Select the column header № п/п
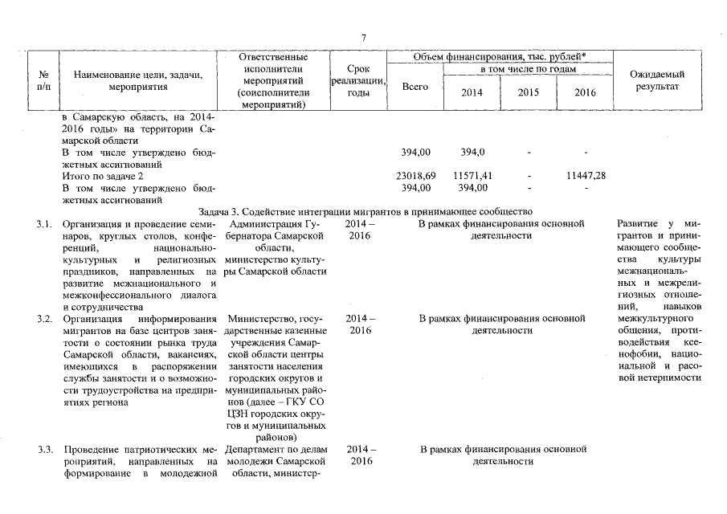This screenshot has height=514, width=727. pyautogui.click(x=44, y=81)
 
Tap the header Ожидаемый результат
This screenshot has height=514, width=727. pyautogui.click(x=657, y=80)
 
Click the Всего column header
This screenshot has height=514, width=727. pyautogui.click(x=415, y=86)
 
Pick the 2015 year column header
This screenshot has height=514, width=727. pyautogui.click(x=528, y=92)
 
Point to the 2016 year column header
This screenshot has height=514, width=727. pyautogui.click(x=585, y=92)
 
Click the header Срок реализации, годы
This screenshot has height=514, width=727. pyautogui.click(x=357, y=81)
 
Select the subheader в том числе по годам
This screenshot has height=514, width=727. pyautogui.click(x=528, y=71)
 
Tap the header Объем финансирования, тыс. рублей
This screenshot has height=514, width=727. pyautogui.click(x=499, y=58)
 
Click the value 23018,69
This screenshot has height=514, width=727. pyautogui.click(x=416, y=175)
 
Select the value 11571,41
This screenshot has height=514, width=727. pyautogui.click(x=472, y=175)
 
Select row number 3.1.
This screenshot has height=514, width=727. pyautogui.click(x=44, y=223)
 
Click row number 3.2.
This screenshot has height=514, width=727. pyautogui.click(x=44, y=319)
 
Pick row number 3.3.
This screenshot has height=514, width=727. pyautogui.click(x=44, y=448)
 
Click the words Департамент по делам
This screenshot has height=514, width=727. pyautogui.click(x=276, y=448)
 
